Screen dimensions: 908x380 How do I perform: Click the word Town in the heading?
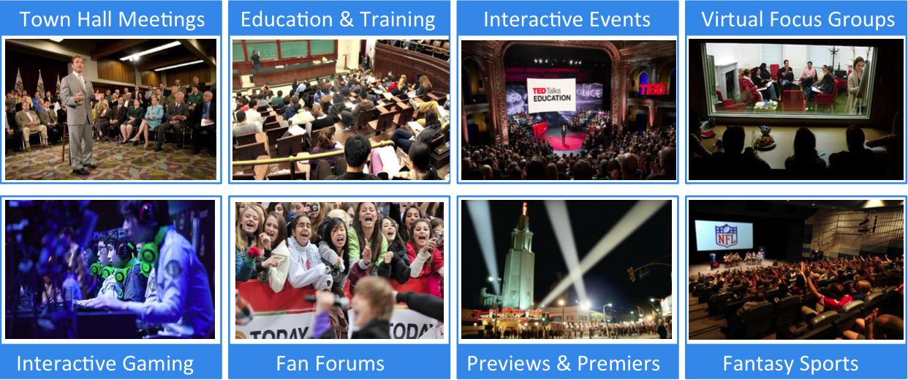(45, 20)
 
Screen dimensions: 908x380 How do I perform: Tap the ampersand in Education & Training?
(347, 20)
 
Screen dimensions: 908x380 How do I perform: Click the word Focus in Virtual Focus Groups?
(795, 20)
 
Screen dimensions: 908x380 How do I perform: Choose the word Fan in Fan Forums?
(292, 363)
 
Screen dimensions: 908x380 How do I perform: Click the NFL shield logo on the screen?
(725, 235)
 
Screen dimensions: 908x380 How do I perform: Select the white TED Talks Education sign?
(551, 95)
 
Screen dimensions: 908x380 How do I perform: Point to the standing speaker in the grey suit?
(82, 113)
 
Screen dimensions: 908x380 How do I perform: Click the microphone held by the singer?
(329, 300)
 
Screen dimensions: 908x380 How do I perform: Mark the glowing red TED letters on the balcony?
(652, 89)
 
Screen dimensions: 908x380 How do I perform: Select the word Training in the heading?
(397, 21)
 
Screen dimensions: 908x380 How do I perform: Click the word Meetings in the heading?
(162, 21)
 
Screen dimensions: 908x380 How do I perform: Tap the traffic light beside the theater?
(632, 274)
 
